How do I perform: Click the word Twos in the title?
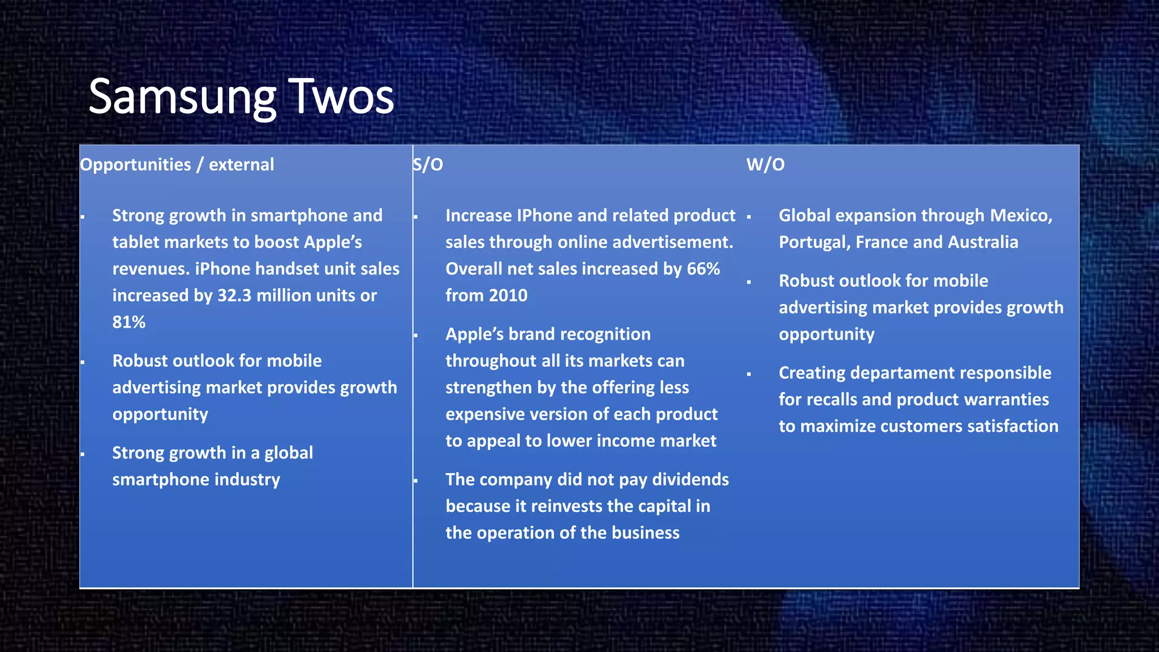click(341, 97)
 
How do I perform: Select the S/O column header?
click(428, 165)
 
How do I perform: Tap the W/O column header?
click(765, 165)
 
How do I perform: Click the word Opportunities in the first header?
click(135, 165)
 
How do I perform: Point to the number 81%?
click(128, 322)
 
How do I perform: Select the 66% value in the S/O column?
click(703, 269)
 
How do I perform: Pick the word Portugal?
click(814, 242)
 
